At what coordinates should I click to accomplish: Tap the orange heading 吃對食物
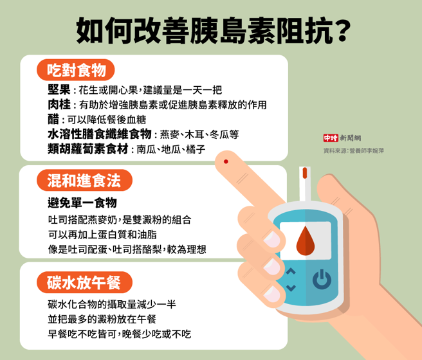pos(77,69)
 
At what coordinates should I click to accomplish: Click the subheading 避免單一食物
pos(82,203)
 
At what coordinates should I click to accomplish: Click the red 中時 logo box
pos(330,138)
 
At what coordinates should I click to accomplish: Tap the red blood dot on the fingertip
pos(226,160)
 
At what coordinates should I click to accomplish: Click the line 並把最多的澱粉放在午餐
pos(102,319)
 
